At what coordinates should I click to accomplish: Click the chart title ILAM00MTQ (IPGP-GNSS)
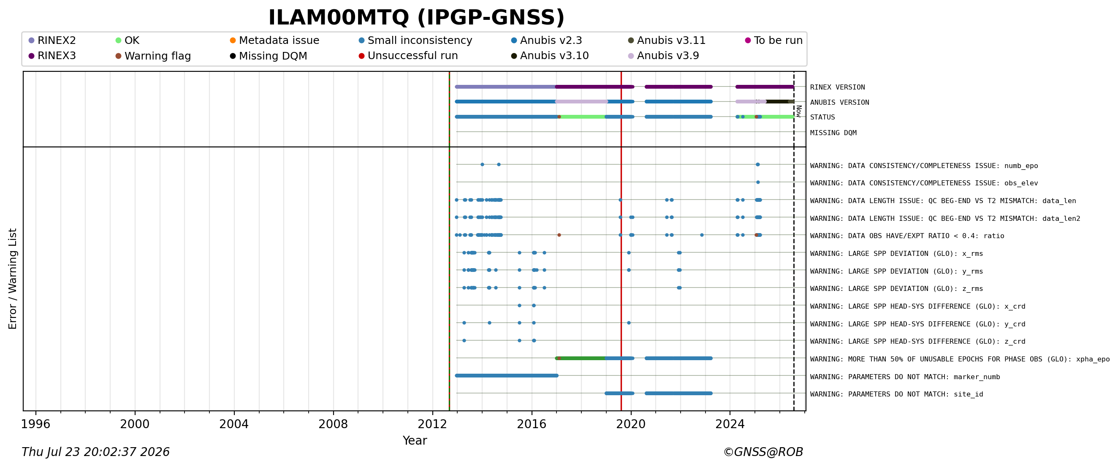416,18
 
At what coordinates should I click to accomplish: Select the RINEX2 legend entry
52,41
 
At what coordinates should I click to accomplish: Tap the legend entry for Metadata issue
274,41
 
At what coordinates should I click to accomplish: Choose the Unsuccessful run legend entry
408,56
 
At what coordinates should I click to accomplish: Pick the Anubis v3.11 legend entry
667,41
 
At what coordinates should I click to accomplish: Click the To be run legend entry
774,41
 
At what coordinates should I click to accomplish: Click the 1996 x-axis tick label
35,424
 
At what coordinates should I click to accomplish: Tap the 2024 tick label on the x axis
730,424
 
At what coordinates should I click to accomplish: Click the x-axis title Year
415,440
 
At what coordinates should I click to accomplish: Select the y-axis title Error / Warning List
12,279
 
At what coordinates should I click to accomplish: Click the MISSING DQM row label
833,133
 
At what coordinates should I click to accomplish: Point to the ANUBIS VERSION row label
839,103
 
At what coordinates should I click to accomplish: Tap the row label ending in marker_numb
905,377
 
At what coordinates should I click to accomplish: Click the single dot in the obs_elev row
758,182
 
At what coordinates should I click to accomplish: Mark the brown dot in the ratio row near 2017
559,235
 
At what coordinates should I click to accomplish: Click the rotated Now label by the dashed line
798,111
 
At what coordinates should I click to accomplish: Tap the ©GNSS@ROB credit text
763,452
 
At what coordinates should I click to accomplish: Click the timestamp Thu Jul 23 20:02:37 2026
95,452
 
